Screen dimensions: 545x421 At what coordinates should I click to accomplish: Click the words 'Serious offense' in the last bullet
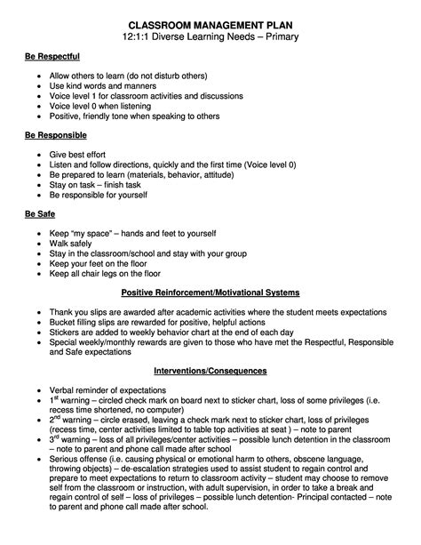pos(79,467)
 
